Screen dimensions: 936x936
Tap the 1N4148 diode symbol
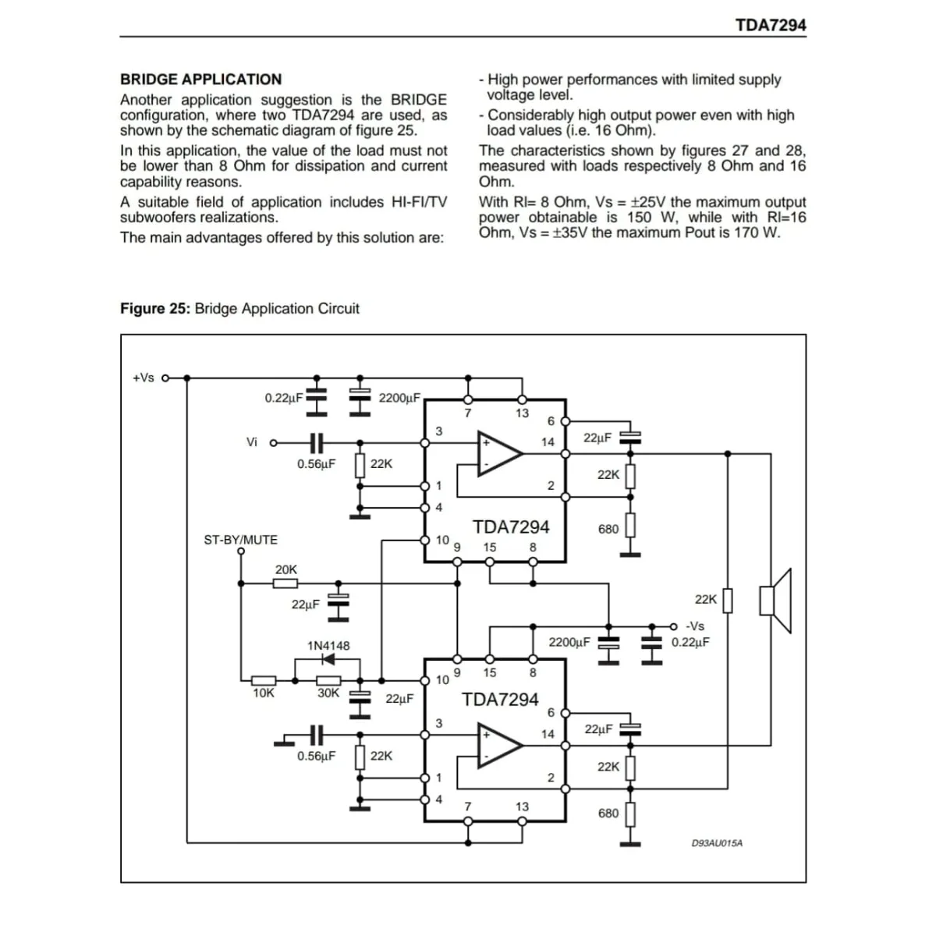click(329, 659)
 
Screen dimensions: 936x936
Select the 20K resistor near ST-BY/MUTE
click(285, 583)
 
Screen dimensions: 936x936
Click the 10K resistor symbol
click(264, 680)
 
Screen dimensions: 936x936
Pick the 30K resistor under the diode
click(328, 680)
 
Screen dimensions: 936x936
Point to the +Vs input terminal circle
click(165, 378)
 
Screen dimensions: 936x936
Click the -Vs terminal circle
click(673, 626)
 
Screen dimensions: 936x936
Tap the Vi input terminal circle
click(274, 442)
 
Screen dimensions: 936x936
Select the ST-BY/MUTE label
click(240, 540)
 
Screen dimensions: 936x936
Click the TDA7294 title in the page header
click(771, 25)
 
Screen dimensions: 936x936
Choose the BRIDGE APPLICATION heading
click(201, 80)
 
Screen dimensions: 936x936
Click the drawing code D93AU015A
click(717, 842)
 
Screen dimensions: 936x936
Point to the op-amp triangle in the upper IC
click(499, 454)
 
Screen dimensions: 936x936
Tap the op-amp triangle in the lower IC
click(499, 746)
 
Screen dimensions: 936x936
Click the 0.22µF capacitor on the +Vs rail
click(317, 397)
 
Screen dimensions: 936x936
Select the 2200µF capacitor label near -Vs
click(569, 642)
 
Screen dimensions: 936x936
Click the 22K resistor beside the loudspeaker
click(728, 601)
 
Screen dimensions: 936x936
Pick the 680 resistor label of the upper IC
click(608, 529)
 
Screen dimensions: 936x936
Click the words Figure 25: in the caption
click(155, 308)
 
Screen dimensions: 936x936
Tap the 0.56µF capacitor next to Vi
click(317, 442)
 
